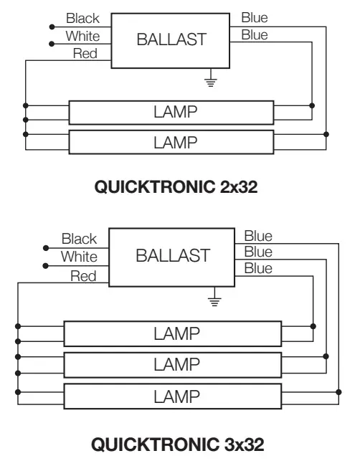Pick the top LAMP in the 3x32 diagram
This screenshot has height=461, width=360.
(x=172, y=333)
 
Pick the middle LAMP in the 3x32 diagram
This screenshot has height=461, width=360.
(x=172, y=364)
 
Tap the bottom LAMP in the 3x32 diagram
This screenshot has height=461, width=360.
(x=172, y=396)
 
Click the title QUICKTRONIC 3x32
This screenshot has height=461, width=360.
(x=176, y=444)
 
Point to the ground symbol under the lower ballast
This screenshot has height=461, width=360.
(x=212, y=299)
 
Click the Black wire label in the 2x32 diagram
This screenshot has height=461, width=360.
(x=82, y=19)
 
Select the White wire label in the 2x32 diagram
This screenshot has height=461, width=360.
(x=82, y=35)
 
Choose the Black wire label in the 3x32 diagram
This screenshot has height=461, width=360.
(x=79, y=238)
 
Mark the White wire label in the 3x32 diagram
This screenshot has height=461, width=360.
(x=79, y=256)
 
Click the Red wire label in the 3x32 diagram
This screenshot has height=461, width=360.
(x=83, y=276)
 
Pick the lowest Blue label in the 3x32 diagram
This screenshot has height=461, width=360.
(x=258, y=269)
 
